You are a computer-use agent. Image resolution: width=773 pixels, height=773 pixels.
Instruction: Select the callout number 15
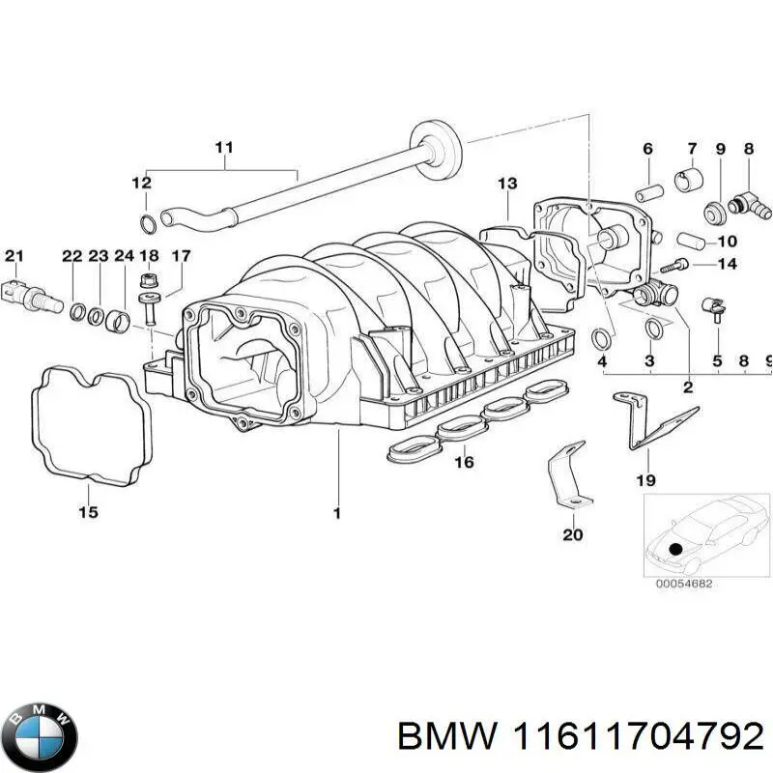pyautogui.click(x=88, y=513)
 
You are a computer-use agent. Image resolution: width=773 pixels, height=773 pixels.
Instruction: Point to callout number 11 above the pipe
pyautogui.click(x=224, y=148)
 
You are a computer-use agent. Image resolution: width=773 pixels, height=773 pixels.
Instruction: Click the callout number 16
pyautogui.click(x=464, y=463)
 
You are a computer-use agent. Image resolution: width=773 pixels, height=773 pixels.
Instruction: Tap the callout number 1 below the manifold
pyautogui.click(x=337, y=514)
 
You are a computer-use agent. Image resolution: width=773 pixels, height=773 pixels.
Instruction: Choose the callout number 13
pyautogui.click(x=507, y=184)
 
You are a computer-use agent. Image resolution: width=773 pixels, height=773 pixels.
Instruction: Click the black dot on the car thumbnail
pyautogui.click(x=675, y=549)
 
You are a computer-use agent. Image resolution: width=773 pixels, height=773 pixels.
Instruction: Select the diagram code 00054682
pyautogui.click(x=683, y=584)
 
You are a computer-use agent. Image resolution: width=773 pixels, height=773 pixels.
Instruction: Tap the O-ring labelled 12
pyautogui.click(x=146, y=225)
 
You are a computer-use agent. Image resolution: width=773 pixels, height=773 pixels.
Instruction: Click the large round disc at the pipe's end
pyautogui.click(x=433, y=137)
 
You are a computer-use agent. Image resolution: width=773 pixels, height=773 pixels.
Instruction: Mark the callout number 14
pyautogui.click(x=727, y=264)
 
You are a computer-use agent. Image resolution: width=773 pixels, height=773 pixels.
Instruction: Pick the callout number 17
pyautogui.click(x=181, y=256)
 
